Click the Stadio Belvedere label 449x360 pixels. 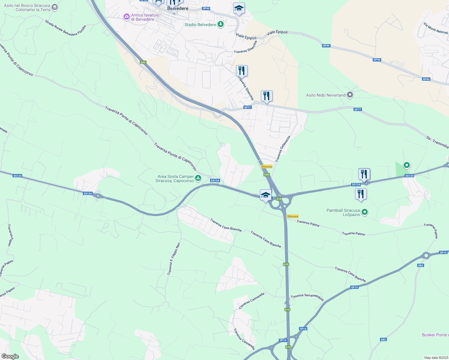pyautogui.click(x=200, y=25)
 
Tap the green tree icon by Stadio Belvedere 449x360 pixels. pyautogui.click(x=221, y=24)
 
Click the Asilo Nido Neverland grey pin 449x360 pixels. pyautogui.click(x=350, y=95)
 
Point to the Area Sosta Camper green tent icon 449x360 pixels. pyautogui.click(x=198, y=178)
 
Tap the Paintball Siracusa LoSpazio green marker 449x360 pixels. pyautogui.click(x=365, y=212)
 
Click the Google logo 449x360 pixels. pyautogui.click(x=10, y=356)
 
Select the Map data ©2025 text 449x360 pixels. pyautogui.click(x=436, y=358)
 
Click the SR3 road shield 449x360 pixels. pyautogui.click(x=420, y=265)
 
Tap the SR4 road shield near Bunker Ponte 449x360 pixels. pyautogui.click(x=383, y=340)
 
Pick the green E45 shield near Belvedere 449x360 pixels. pyautogui.click(x=143, y=62)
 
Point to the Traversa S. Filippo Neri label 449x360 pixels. pyautogui.click(x=174, y=259)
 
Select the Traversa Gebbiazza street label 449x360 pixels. pyautogui.click(x=283, y=149)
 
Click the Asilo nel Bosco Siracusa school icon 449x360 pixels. pyautogui.click(x=54, y=7)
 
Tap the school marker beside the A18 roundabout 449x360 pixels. pyautogui.click(x=266, y=195)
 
